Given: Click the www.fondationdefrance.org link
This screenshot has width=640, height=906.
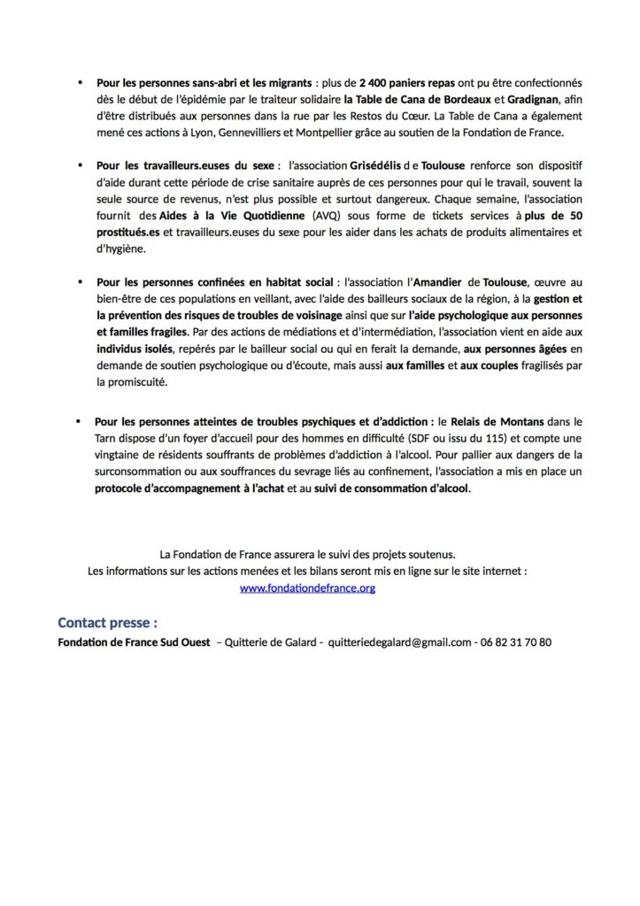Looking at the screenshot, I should pyautogui.click(x=307, y=587).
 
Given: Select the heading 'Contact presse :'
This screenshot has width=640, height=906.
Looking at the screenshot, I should pyautogui.click(x=108, y=622).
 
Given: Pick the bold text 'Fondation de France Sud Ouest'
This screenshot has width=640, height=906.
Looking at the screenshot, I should pyautogui.click(x=133, y=642).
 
